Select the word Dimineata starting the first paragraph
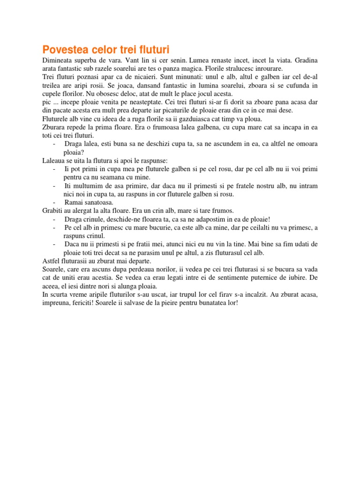60,60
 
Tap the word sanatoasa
98,202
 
